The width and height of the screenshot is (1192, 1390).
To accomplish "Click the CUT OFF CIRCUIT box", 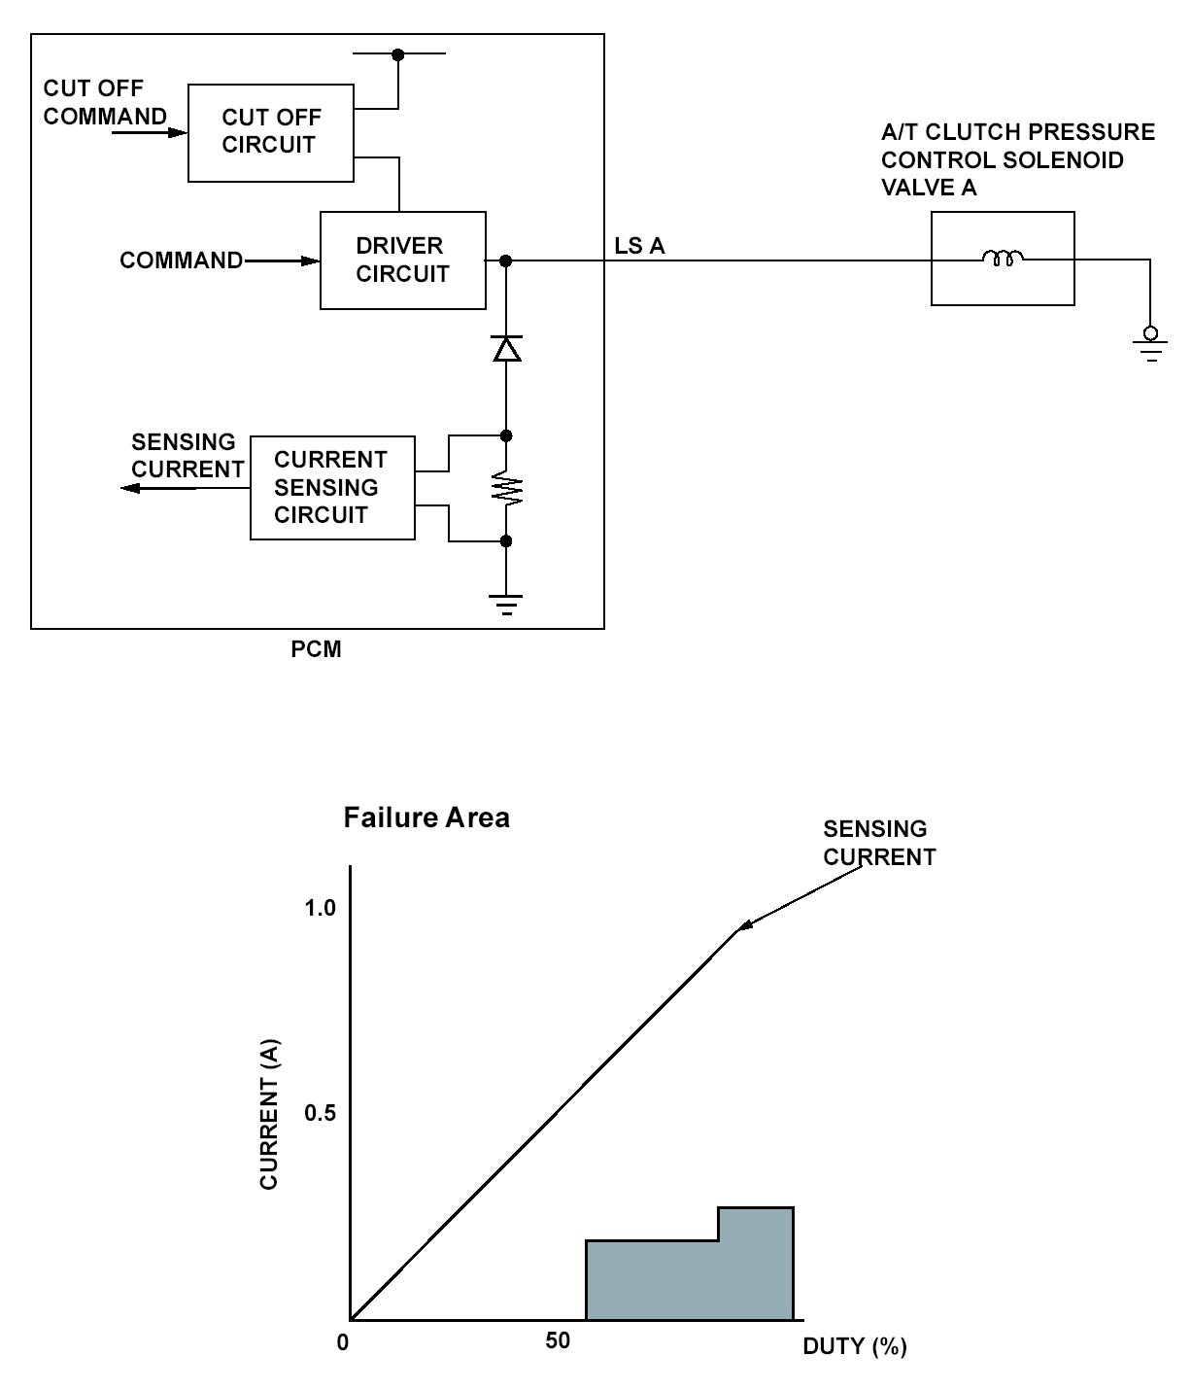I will point(270,132).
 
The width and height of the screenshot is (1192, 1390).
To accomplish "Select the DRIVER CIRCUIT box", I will point(402,261).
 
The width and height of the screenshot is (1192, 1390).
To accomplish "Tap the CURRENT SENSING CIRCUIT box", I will point(332,488).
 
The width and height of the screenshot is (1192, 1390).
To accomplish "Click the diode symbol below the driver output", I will point(506,348).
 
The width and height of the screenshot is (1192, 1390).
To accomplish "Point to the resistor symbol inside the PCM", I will point(506,488).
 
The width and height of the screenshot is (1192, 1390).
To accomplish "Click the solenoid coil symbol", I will point(1003,259).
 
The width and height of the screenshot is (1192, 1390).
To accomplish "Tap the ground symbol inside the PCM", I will point(506,605).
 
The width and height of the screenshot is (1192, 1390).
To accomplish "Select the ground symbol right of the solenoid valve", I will point(1151,345).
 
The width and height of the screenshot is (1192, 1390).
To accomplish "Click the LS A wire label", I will point(639,246).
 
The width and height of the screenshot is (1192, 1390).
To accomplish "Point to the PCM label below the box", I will point(317,649).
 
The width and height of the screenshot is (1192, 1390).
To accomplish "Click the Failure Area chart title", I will point(426,817).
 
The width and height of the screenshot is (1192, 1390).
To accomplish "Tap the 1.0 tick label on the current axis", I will point(320,908).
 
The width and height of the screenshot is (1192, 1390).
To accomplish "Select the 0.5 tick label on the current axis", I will point(320,1113).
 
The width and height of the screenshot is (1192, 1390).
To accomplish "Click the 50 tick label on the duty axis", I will point(558,1341).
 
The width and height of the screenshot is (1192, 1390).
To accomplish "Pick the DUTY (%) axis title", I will point(855,1346).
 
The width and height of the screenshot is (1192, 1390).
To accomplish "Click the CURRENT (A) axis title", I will point(269,1115).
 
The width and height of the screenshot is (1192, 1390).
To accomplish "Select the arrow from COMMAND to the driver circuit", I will point(282,261).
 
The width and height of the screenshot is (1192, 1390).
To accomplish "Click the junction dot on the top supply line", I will point(397,54).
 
